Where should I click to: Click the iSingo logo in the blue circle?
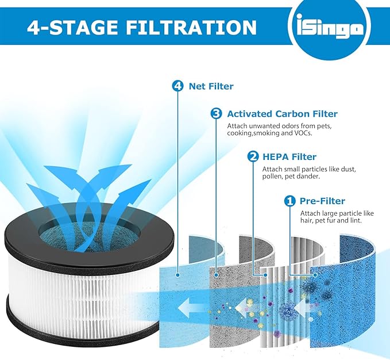point(330,29)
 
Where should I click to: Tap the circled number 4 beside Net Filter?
point(177,87)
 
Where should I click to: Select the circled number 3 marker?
point(216,114)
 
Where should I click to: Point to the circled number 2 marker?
point(252,156)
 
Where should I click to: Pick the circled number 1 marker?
point(290,201)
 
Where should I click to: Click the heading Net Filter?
point(211,87)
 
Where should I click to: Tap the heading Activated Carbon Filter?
point(282,114)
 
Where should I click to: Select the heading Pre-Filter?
point(323,201)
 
